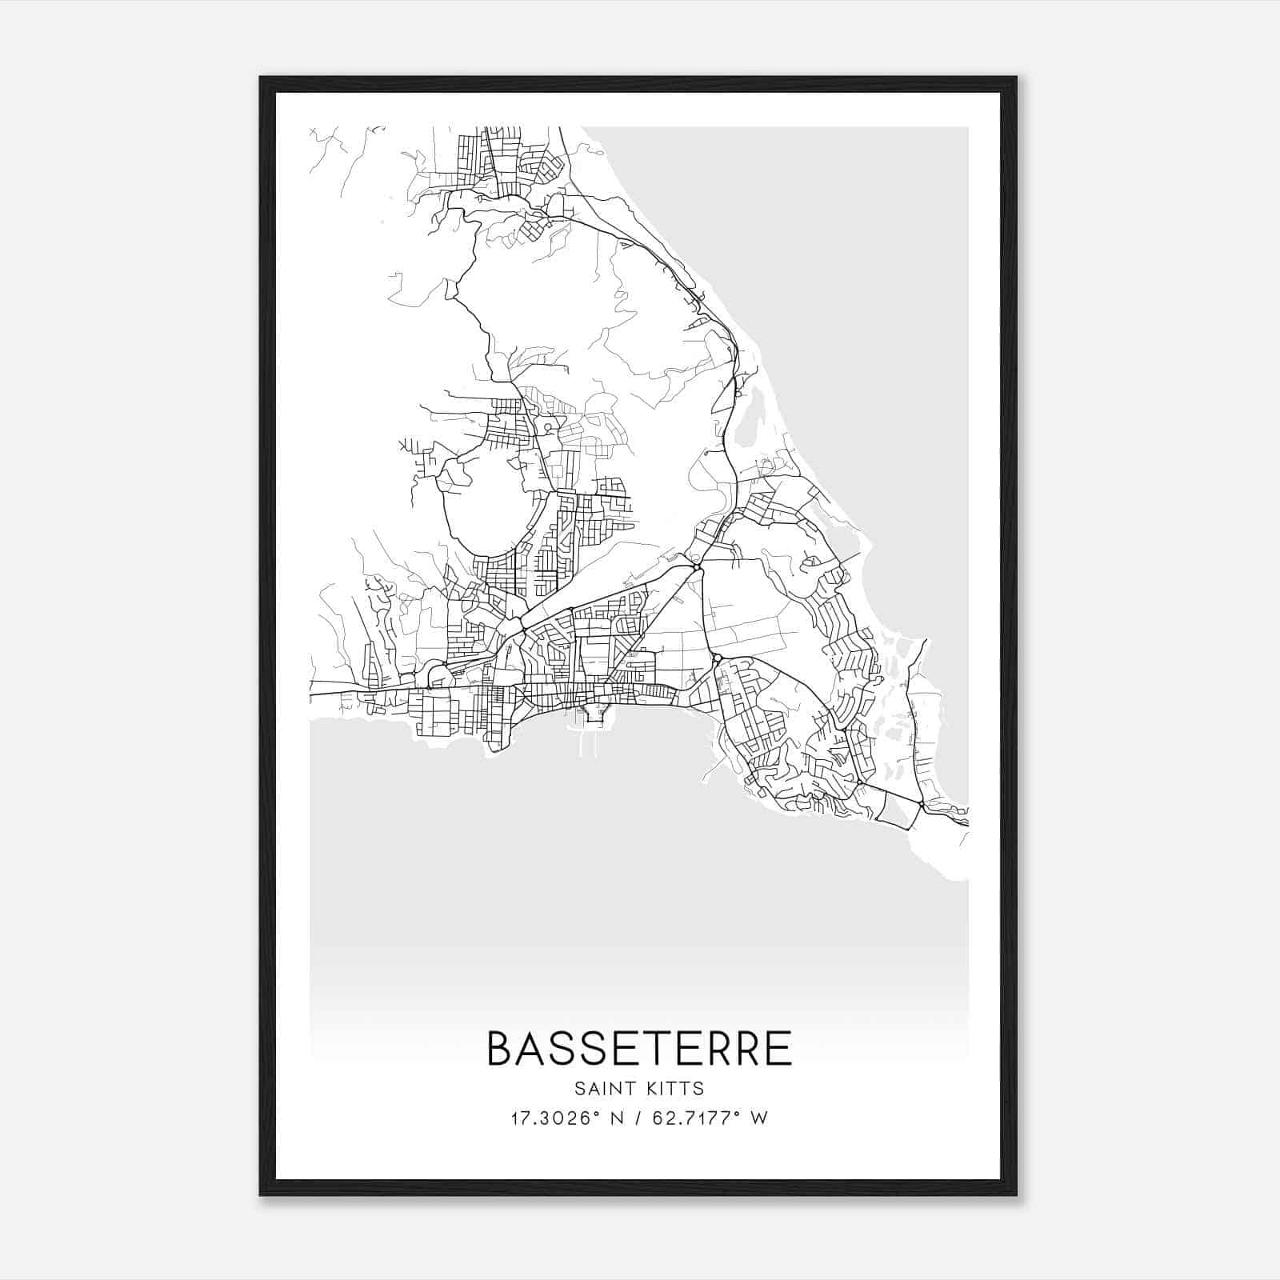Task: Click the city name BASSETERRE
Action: (x=639, y=1049)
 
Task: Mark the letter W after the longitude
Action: (x=760, y=1118)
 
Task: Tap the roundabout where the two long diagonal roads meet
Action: (x=698, y=567)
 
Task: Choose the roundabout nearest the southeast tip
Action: (x=922, y=803)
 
